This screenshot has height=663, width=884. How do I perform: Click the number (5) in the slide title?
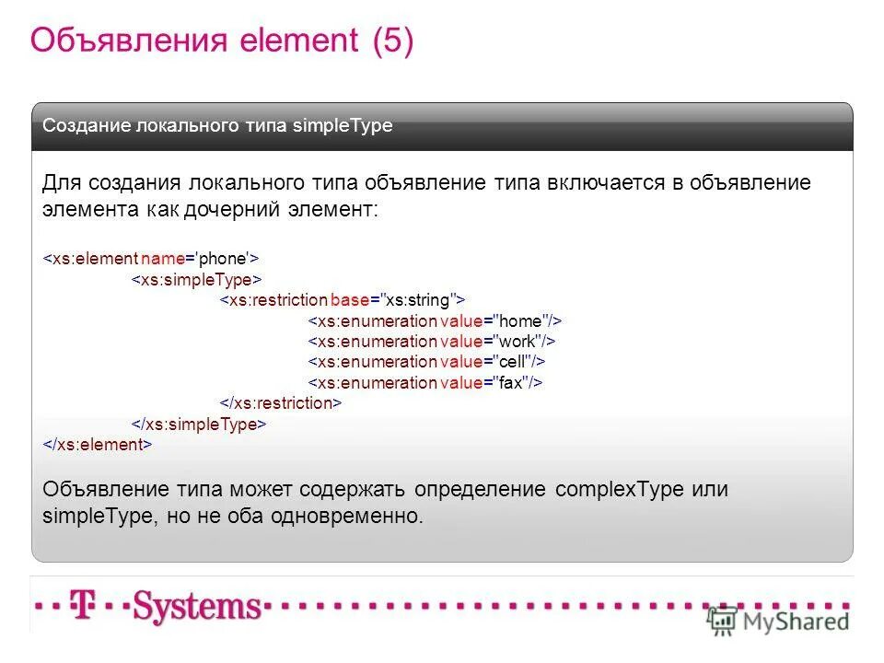click(393, 41)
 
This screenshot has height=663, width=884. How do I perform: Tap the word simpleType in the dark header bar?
click(343, 126)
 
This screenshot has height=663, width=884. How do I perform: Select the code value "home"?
click(520, 320)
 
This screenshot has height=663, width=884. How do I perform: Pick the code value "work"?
click(518, 341)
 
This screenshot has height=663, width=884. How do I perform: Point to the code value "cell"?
click(512, 361)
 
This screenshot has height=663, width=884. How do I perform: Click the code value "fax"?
click(511, 382)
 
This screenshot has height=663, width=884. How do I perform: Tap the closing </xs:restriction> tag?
click(281, 402)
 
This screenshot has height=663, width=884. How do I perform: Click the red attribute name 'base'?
click(349, 300)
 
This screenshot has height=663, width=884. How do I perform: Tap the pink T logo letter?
click(85, 607)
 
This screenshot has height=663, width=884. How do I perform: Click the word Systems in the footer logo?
click(196, 607)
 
